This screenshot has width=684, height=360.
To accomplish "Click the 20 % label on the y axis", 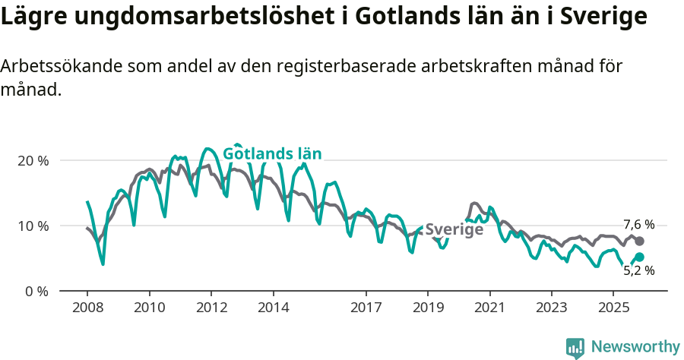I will [33, 161].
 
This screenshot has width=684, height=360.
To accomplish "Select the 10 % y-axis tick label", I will [33, 226].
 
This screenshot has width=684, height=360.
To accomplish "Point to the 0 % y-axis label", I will [36, 292].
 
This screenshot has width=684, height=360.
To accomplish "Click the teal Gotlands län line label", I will [272, 154].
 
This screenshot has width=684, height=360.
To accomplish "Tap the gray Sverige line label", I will [454, 230].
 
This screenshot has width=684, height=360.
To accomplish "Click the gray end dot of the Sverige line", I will [639, 242].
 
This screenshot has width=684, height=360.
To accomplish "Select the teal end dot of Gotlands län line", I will [639, 257].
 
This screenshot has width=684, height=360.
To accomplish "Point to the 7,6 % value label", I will [638, 225].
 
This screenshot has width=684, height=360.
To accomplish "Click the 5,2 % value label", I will [638, 270].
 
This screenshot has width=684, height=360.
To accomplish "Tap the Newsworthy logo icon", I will [575, 348].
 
